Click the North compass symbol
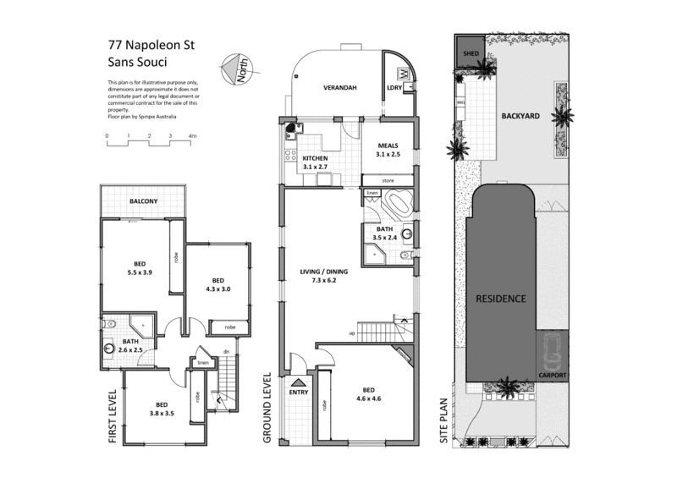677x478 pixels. click(234, 69)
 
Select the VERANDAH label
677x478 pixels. click(337, 87)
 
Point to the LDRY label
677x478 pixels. click(394, 87)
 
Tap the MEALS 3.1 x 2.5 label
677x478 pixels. click(388, 149)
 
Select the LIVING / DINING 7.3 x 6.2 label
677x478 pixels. click(323, 276)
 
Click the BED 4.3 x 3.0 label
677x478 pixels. click(217, 285)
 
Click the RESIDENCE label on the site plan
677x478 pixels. click(500, 299)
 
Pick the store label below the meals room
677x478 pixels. click(388, 180)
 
